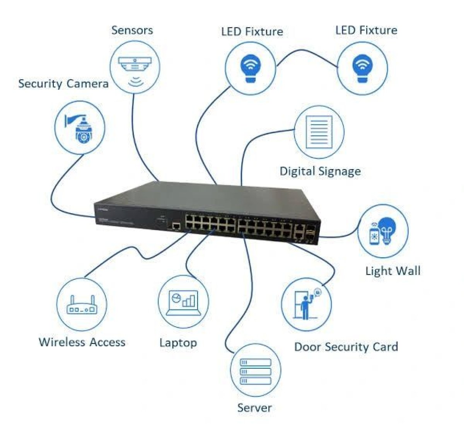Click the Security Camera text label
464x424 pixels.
[x=63, y=84]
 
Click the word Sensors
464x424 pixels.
[x=132, y=30]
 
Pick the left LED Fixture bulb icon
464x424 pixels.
[x=251, y=68]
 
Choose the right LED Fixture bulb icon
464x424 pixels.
[x=362, y=68]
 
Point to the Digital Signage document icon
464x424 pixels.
[x=319, y=132]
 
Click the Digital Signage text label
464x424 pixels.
[x=320, y=171]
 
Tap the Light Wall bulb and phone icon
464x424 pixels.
[x=382, y=231]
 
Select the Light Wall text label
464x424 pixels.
[x=392, y=270]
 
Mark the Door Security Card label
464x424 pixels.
[x=346, y=347]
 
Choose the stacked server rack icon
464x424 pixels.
[x=255, y=371]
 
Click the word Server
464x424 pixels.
[x=254, y=407]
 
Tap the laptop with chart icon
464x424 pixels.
[x=183, y=302]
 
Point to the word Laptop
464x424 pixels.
[x=178, y=342]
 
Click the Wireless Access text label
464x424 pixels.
[x=82, y=342]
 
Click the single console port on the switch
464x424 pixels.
[x=176, y=226]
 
